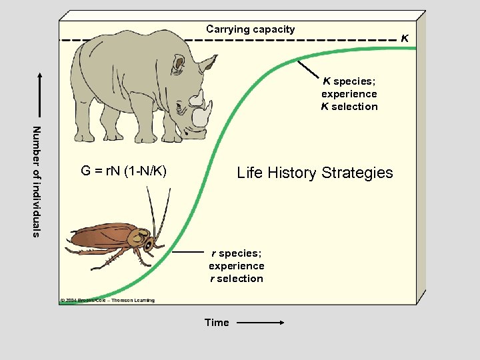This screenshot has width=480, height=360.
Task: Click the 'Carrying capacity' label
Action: pos(250,29)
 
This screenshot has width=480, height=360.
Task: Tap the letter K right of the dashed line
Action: pos(404,39)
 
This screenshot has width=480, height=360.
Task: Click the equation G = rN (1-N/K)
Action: pos(123,171)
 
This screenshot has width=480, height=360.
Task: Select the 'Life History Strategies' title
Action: pos(315,173)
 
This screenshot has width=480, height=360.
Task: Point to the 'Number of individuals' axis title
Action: pos(37,181)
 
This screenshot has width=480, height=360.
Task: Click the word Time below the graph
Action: pos(217,323)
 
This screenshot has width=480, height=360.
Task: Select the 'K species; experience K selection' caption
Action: pos(349,94)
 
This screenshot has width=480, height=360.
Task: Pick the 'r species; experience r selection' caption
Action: pos(236,266)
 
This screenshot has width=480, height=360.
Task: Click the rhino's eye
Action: pos(179,65)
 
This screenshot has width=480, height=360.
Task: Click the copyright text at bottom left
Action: pos(107,300)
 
